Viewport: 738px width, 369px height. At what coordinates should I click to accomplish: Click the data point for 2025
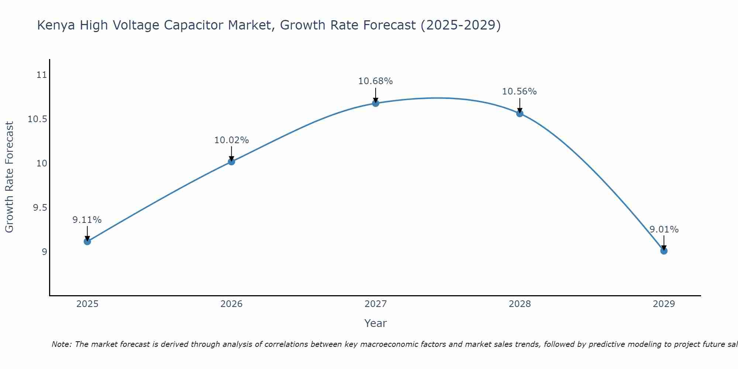pos(87,242)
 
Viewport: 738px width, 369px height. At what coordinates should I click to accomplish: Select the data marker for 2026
pos(231,161)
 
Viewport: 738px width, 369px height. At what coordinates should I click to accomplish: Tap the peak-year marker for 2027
pos(376,103)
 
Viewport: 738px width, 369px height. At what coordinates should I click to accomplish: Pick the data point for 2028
pos(520,113)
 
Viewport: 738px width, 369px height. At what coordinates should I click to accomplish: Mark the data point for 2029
pos(664,251)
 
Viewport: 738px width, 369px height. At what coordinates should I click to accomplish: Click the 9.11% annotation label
pos(87,220)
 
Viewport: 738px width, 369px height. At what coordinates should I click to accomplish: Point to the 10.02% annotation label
pos(231,140)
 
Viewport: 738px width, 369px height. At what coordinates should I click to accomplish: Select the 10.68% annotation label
pos(375,81)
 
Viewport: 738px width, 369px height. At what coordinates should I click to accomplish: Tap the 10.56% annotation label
pos(519,92)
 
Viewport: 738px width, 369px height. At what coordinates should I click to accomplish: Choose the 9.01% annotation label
pos(664,230)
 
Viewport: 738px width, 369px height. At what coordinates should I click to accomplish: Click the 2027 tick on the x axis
pos(376,304)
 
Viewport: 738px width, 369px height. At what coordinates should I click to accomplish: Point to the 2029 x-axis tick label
pos(664,304)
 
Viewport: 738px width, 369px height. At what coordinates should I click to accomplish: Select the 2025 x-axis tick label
pos(87,304)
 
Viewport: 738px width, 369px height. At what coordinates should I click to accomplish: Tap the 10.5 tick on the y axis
pos(38,119)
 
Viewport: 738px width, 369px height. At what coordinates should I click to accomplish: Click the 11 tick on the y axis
pos(42,75)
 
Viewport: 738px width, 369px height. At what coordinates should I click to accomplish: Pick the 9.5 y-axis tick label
pos(40,208)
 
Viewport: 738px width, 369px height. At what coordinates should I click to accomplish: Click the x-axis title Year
pos(375,323)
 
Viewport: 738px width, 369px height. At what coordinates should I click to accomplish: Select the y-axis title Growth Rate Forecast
pos(10,177)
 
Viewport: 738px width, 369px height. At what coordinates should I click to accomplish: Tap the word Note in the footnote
pos(61,344)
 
